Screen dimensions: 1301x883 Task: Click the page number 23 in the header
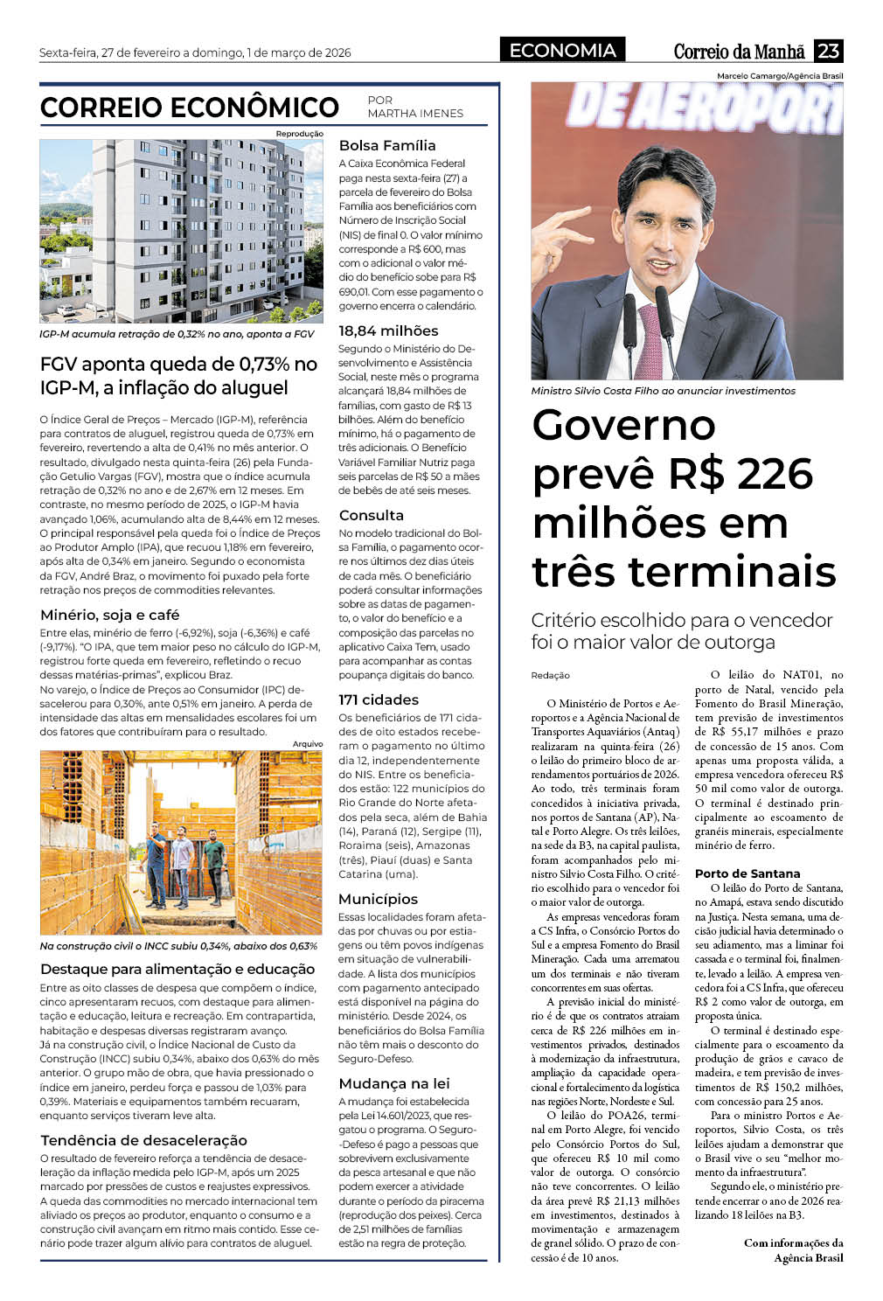click(x=828, y=51)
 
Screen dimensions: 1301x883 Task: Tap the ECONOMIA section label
click(x=562, y=51)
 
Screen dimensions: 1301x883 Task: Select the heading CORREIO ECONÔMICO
click(x=189, y=108)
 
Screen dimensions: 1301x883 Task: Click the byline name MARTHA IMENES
click(x=415, y=114)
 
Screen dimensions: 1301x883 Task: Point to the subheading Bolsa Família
click(x=387, y=145)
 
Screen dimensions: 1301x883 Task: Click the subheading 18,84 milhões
click(x=388, y=330)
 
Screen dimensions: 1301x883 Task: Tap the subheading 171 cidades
click(x=379, y=699)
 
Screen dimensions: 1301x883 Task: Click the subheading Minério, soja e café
click(x=109, y=615)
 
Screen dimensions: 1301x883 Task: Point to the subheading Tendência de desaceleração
click(x=143, y=1140)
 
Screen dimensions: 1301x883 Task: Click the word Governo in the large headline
click(x=623, y=426)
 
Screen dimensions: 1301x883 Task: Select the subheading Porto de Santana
click(x=747, y=873)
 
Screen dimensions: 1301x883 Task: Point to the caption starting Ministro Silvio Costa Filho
click(x=663, y=391)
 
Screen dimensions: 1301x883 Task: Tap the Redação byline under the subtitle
click(x=550, y=675)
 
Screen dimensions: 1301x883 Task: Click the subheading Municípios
click(x=378, y=899)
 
